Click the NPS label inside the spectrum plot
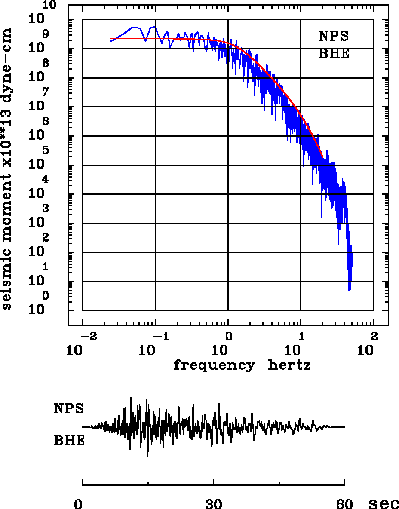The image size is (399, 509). (x=333, y=36)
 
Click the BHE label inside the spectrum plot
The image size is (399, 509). (x=334, y=54)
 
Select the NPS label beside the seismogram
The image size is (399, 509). (x=69, y=408)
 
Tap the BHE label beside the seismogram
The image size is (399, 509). (x=69, y=441)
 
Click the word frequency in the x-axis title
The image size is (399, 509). (x=214, y=365)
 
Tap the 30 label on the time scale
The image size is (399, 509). (x=214, y=503)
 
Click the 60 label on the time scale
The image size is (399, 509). (x=344, y=503)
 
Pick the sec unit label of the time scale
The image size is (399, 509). (x=384, y=503)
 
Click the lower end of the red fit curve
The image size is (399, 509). (x=323, y=158)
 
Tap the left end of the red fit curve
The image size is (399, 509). (x=111, y=39)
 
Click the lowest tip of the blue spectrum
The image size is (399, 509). (x=350, y=291)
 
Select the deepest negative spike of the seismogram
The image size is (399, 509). (x=147, y=456)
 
